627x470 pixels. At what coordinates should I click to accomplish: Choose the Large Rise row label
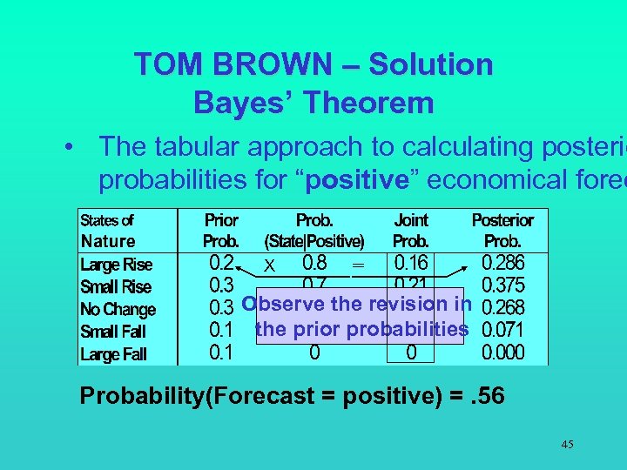click(x=116, y=265)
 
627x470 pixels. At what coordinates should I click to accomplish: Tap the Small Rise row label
click(x=116, y=287)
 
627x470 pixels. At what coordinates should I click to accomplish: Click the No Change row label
click(x=118, y=310)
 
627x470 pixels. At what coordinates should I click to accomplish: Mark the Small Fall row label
click(x=113, y=332)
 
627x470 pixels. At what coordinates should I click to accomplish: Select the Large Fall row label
click(x=113, y=354)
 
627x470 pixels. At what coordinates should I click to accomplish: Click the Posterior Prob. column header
click(x=502, y=231)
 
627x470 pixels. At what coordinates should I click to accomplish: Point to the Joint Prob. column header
click(x=411, y=231)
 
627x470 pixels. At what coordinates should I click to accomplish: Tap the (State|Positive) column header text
click(x=314, y=241)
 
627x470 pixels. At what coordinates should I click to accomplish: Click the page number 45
click(x=567, y=445)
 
